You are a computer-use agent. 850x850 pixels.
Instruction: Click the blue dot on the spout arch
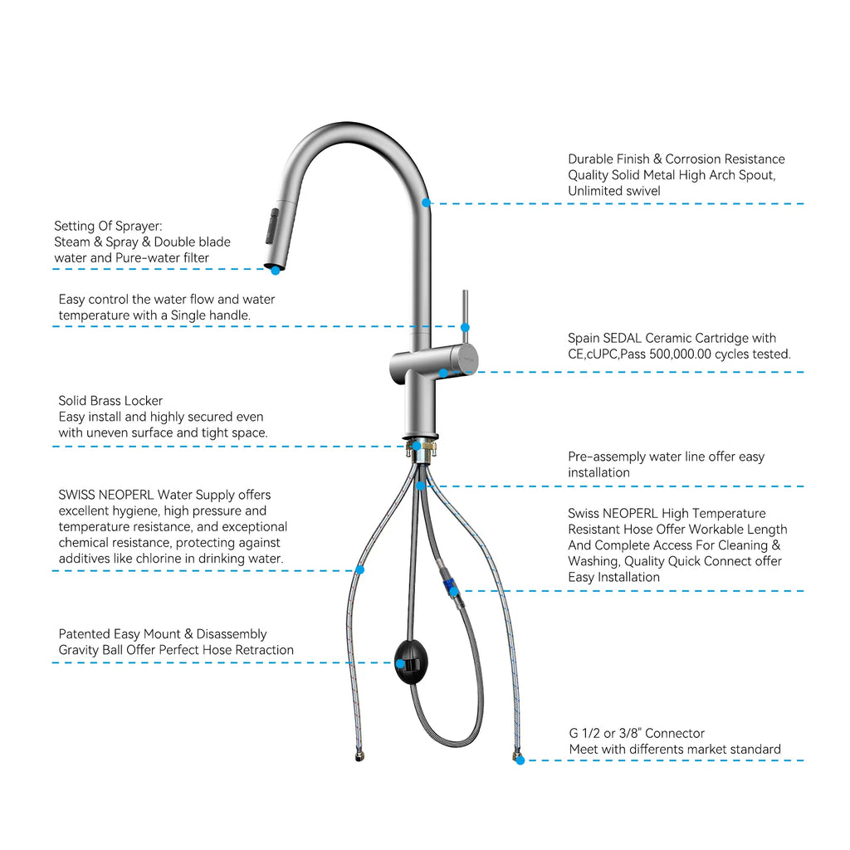tap(426, 203)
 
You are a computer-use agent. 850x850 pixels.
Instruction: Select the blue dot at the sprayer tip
tap(275, 270)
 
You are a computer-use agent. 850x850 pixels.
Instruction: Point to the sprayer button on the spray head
tap(271, 227)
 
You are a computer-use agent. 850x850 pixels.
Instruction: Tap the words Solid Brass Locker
tap(110, 401)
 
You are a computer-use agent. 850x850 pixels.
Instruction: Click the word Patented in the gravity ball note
tap(84, 634)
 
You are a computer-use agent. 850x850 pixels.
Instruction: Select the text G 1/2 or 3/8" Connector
tap(637, 733)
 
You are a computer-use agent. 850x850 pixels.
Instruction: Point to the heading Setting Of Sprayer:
tap(108, 226)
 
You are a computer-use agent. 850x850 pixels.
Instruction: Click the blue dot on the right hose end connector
tap(520, 760)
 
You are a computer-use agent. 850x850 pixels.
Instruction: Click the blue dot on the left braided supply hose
tap(359, 569)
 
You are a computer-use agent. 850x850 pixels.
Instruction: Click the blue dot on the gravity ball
tap(399, 663)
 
